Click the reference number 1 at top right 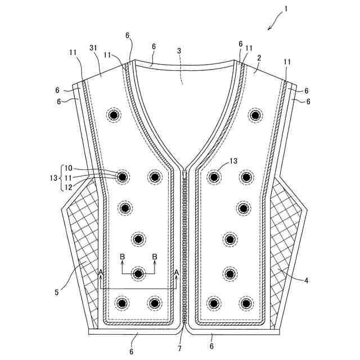click(286, 10)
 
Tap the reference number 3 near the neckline click(179, 51)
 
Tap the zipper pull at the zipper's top click(183, 175)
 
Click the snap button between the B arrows click(138, 273)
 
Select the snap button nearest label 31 click(114, 115)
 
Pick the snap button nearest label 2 click(255, 115)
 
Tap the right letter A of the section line click(176, 272)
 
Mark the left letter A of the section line click(101, 272)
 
